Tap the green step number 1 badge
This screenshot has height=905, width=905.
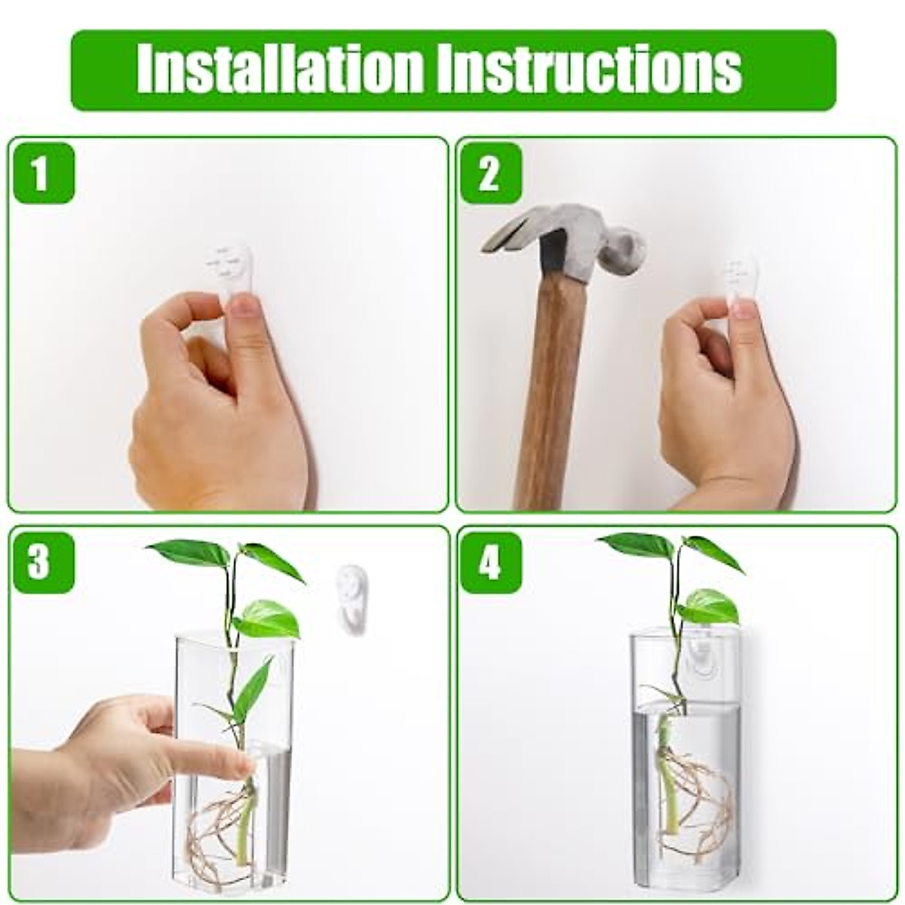pos(41,173)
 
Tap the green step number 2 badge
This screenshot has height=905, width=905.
pos(489,173)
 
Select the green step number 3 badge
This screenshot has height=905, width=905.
pos(41,563)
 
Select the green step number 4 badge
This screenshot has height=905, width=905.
pos(489,563)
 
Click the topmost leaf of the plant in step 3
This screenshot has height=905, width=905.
pos(189,552)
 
